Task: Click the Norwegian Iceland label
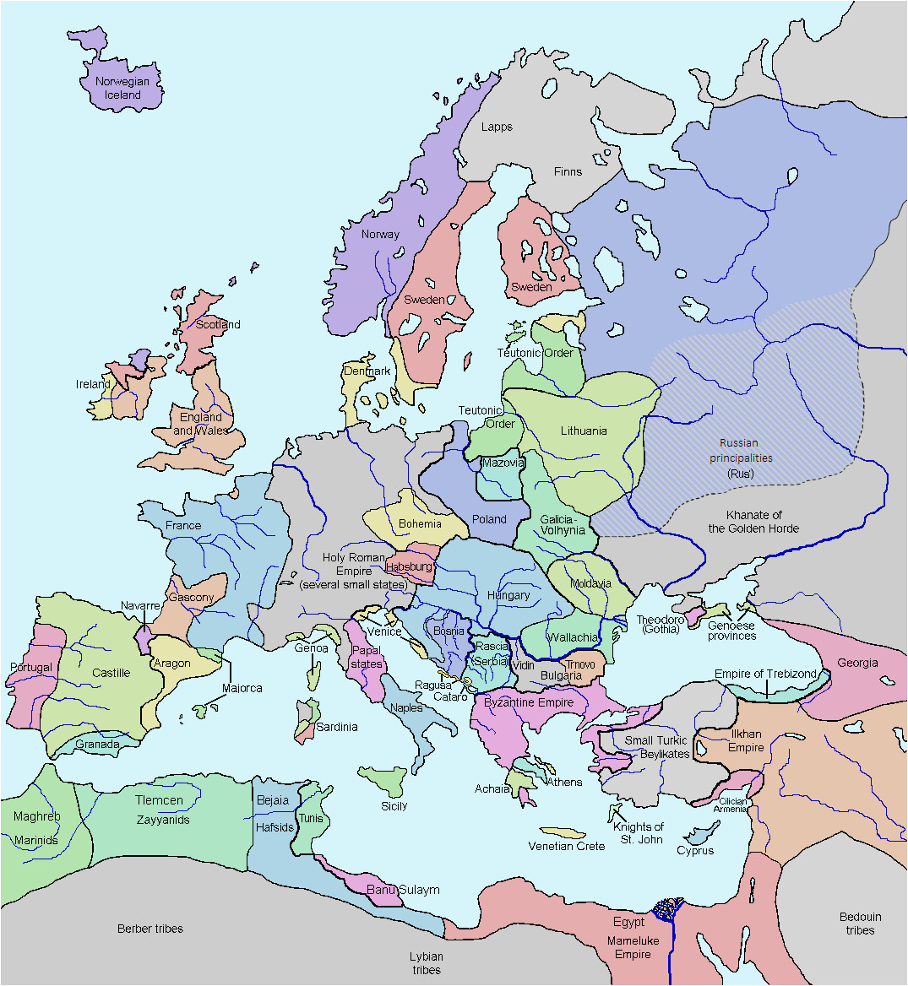click(122, 88)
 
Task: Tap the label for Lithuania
click(584, 431)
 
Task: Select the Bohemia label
click(420, 523)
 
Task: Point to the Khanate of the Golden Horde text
click(753, 522)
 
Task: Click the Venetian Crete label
click(567, 846)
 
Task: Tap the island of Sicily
click(384, 781)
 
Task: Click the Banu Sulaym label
click(403, 890)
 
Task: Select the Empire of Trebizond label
click(765, 674)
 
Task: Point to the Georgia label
click(857, 663)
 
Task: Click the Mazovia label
click(503, 463)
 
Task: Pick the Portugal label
click(31, 667)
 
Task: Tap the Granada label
click(97, 745)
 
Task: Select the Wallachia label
click(573, 637)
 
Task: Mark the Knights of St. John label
click(638, 832)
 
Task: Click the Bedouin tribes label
click(860, 924)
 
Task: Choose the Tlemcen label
click(159, 799)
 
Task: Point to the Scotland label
click(218, 324)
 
